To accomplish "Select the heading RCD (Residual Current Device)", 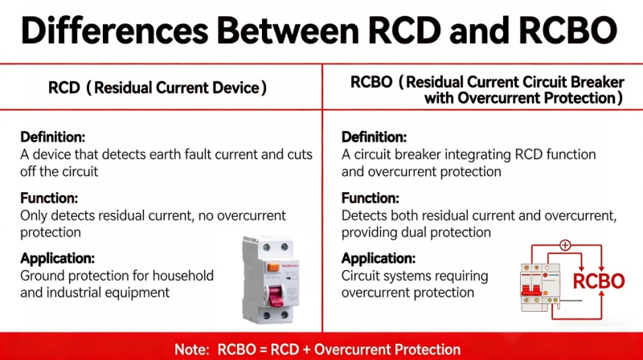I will coord(158,88).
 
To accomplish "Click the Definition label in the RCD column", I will coord(52,137).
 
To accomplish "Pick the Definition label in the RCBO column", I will coord(374,137).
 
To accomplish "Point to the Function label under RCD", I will coord(49,198).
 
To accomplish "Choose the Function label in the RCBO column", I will coord(371,198).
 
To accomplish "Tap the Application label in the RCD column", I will coord(58,258).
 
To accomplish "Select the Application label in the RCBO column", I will coord(379,258).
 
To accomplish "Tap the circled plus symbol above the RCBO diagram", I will coord(565,245).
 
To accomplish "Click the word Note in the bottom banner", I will coord(193,350).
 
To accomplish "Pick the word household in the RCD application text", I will coord(184,276).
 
